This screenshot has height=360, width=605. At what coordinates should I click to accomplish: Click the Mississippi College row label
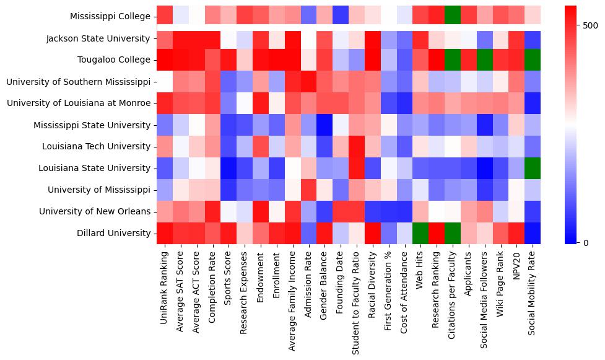(110, 17)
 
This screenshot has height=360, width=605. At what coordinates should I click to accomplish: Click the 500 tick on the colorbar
(590, 25)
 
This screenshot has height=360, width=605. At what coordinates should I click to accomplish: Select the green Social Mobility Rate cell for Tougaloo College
(533, 60)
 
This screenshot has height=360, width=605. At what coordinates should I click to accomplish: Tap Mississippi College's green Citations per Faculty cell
(452, 17)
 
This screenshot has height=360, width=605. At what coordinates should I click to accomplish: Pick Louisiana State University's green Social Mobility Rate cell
(533, 169)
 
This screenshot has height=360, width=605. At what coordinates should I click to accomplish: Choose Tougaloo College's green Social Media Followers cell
(484, 60)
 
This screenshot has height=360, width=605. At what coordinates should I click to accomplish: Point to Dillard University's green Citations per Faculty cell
(452, 234)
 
